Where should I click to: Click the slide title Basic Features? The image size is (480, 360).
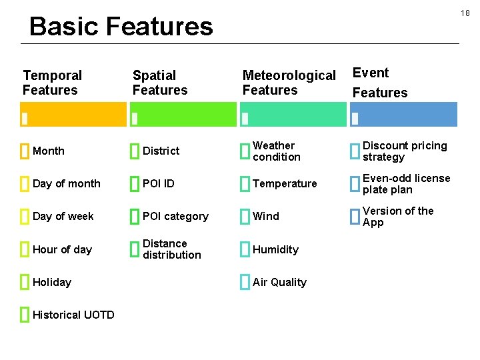(x=121, y=27)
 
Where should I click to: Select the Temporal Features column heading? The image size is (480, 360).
(x=52, y=83)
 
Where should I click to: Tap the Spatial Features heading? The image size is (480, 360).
(x=160, y=83)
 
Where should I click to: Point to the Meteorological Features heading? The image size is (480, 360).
(x=289, y=83)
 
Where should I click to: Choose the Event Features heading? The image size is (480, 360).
(x=379, y=83)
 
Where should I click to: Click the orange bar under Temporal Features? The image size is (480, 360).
(x=73, y=114)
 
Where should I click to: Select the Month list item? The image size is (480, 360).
(x=49, y=151)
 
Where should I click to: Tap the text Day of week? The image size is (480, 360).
(x=63, y=217)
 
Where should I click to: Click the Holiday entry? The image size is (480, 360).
(x=52, y=283)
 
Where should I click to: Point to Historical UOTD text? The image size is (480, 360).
(x=73, y=315)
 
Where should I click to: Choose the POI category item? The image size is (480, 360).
(x=175, y=217)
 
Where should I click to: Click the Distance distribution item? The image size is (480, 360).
(x=171, y=249)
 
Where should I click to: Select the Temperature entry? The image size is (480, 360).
(x=285, y=184)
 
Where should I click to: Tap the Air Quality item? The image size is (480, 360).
(x=279, y=283)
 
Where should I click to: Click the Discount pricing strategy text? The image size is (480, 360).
(x=405, y=151)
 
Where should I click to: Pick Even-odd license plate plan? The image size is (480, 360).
(x=406, y=184)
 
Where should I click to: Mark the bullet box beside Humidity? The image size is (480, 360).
(x=244, y=249)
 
